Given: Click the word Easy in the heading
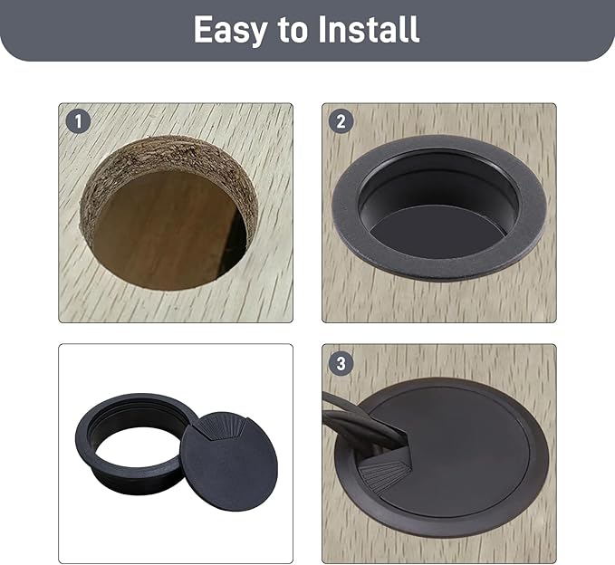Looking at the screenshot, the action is [231, 29].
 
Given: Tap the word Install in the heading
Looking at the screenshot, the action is [369, 29].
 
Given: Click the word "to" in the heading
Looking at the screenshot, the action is [293, 30].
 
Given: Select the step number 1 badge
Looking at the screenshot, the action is [79, 121].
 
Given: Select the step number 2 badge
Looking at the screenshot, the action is [341, 121].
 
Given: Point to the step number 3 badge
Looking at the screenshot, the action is [341, 363].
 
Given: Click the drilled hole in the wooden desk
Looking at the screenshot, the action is [168, 214].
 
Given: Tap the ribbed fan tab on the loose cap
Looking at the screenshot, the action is [218, 428].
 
